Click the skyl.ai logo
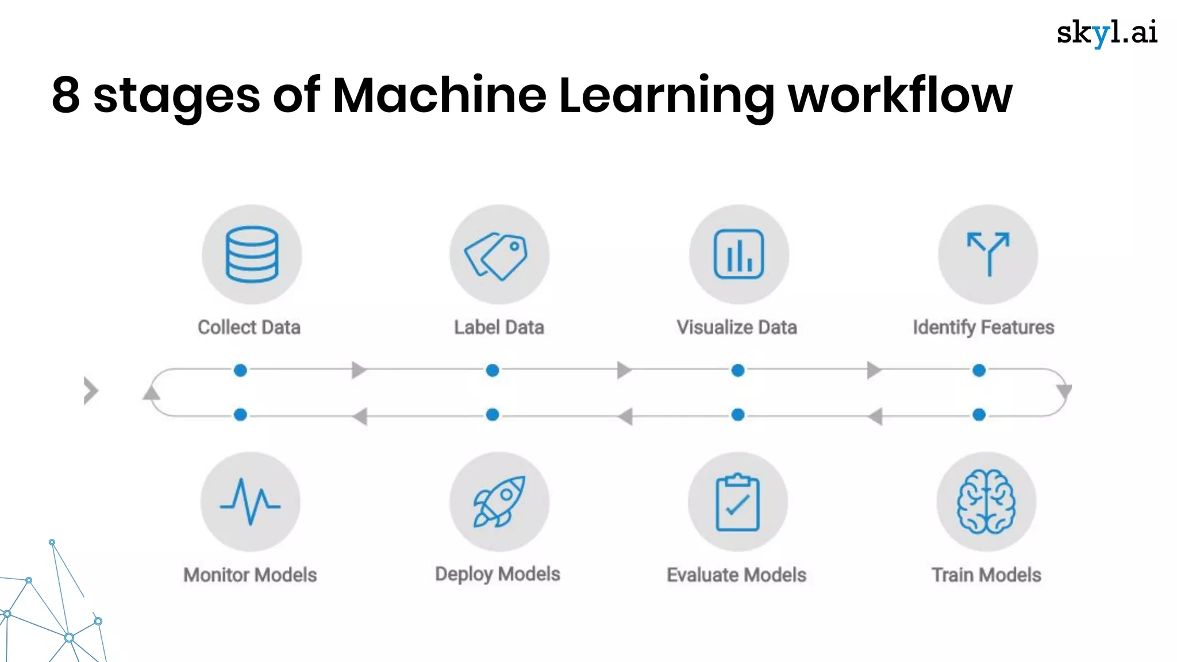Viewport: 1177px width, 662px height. tap(1107, 33)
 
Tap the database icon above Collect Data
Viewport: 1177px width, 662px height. tap(252, 254)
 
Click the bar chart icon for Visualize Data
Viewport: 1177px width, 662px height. tap(738, 254)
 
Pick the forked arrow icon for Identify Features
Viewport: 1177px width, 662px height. tap(988, 254)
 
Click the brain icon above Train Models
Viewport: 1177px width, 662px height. tap(986, 502)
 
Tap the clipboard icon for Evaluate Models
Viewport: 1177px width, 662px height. tap(737, 502)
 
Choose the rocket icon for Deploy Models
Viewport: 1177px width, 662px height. tap(499, 502)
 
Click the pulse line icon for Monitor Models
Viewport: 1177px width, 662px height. tap(250, 502)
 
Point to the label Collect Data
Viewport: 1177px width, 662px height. tap(249, 328)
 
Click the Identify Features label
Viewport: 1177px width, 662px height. tap(983, 328)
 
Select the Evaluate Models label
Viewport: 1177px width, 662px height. tap(736, 575)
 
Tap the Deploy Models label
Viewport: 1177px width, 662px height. tap(498, 574)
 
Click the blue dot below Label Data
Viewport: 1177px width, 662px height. tap(493, 371)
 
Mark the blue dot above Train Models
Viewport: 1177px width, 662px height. tap(979, 414)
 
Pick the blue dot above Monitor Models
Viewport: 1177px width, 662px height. tap(241, 414)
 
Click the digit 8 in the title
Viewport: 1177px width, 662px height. tap(66, 95)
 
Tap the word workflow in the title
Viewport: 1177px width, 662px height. tap(899, 95)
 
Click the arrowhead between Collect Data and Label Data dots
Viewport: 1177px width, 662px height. tap(359, 370)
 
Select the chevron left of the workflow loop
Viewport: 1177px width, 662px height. tap(91, 391)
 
